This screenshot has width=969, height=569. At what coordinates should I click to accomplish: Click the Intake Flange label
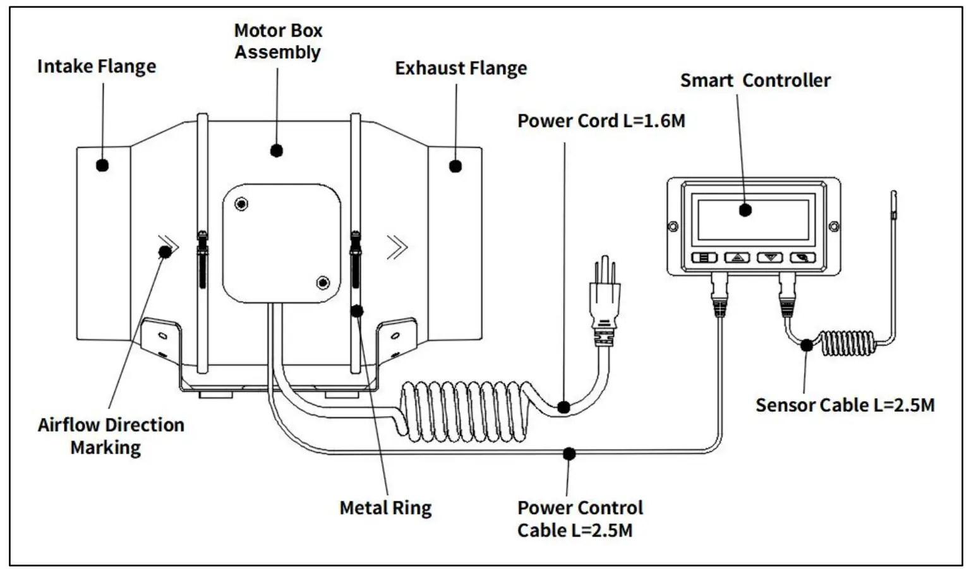click(x=96, y=66)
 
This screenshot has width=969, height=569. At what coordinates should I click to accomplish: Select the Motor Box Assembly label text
click(x=278, y=41)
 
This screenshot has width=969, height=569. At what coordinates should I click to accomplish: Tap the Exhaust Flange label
click(x=460, y=68)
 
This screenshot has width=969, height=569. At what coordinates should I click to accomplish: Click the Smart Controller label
click(x=755, y=81)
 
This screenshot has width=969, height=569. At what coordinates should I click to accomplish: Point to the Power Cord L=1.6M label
click(x=601, y=121)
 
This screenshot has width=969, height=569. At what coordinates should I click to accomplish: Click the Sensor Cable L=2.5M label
click(x=845, y=405)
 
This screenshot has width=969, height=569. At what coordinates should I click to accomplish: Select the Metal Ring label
click(x=385, y=508)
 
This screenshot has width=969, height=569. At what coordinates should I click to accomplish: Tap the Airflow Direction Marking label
click(x=110, y=436)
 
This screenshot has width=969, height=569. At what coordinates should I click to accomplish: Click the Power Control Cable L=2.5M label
click(x=579, y=518)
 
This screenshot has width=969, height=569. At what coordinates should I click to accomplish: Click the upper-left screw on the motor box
click(x=241, y=204)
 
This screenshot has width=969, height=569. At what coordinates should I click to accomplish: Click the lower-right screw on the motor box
click(x=323, y=282)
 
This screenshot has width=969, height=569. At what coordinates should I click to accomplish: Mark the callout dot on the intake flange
click(x=102, y=165)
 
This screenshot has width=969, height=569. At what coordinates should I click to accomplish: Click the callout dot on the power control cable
click(x=569, y=453)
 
